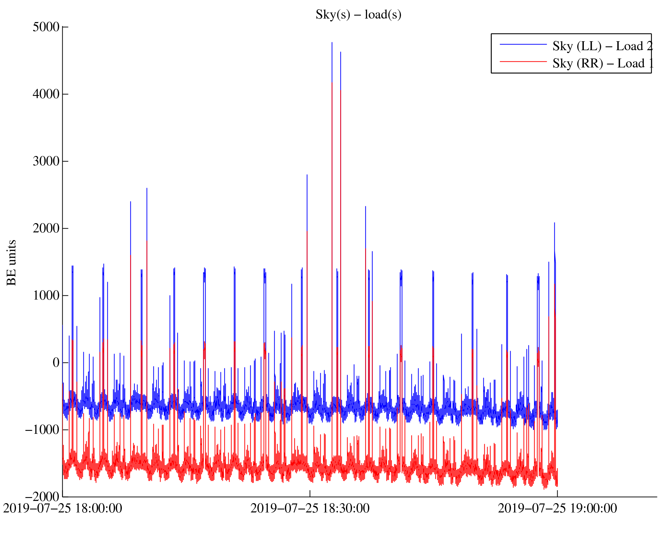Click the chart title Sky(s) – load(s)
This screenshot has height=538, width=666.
tap(358, 15)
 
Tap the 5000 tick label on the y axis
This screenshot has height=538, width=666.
tap(46, 27)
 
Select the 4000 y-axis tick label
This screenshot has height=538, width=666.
tap(46, 94)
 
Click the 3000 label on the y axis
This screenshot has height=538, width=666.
tap(46, 161)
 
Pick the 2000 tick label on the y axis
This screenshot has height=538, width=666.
tap(46, 229)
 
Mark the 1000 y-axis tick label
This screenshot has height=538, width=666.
tap(46, 296)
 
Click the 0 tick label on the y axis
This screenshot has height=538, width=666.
tap(56, 363)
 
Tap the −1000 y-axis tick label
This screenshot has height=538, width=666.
tap(43, 430)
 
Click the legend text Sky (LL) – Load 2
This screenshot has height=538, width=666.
tap(602, 46)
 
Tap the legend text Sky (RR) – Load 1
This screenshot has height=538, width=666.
tap(603, 64)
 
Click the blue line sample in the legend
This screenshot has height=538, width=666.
tap(523, 44)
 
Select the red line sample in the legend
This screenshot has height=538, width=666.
tap(523, 61)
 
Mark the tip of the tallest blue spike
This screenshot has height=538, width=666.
tap(332, 43)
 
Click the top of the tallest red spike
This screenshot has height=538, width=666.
tap(332, 83)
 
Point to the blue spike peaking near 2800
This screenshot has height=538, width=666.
tap(307, 175)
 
